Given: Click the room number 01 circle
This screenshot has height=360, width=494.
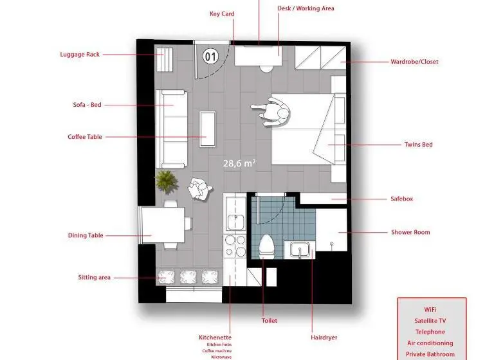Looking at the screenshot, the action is pos(210,57).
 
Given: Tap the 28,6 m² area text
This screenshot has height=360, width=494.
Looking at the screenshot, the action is pos(239,163).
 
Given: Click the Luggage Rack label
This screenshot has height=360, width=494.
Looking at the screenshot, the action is pos(80,54).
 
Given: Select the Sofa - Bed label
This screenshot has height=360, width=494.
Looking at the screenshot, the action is pos(87,105).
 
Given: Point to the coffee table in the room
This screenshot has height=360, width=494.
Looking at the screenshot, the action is pos(208,129).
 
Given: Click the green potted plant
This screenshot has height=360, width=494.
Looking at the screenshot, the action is pos(167,181).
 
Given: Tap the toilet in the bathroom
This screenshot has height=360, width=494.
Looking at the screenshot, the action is pos(266,246).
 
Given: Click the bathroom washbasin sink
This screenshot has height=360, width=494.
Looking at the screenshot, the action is pos(300,249).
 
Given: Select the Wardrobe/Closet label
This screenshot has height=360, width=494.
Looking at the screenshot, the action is pos(414,62).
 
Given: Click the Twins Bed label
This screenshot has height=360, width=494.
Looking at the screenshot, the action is pos(418,145).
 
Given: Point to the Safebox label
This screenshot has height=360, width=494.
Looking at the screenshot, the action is pos(401,199).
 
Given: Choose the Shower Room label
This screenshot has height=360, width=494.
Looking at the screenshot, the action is pos(410,232).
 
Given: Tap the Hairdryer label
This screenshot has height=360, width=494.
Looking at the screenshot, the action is pos(324,337).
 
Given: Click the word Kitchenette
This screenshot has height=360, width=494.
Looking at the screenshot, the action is pos(215,337).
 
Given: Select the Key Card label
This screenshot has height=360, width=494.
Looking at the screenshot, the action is pos(222,14).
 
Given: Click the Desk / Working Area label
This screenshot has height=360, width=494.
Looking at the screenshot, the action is pos(306,8).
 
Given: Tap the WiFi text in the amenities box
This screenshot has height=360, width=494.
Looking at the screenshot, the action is pos(430,310).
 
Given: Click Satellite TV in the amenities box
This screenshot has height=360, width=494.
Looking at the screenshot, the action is pos(430,321).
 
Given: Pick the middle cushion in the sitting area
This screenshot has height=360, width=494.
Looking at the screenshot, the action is pos(188,277).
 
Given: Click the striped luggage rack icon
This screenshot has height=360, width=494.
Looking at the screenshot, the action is pos(165,60).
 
